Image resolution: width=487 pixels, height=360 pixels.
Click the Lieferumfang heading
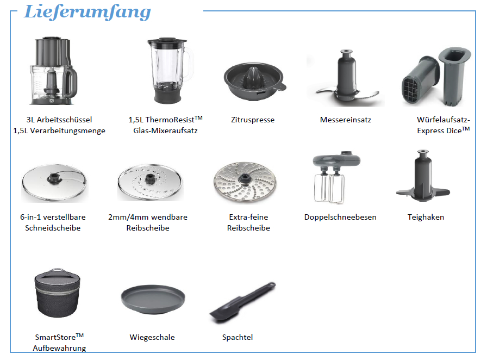coord(88,12)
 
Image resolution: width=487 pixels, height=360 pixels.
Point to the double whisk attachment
coord(335,177)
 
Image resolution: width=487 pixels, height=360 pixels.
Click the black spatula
coord(242,303)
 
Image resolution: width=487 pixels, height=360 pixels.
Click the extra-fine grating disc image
coord(245,182)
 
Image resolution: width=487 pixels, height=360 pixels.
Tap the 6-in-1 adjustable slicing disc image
coord(55,183)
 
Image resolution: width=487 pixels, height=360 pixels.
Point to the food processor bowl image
coord(53,71)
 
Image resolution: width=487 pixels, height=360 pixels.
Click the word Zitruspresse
coord(253,120)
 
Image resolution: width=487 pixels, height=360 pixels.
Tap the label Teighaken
coord(426,218)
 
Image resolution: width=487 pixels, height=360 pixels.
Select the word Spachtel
coord(238,337)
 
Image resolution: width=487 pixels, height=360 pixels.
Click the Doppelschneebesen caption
coord(340,218)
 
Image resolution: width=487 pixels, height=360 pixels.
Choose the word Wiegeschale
coord(152,337)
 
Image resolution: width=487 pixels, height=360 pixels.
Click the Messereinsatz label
coord(346,120)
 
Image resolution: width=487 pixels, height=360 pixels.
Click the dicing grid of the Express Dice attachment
coord(413,90)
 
